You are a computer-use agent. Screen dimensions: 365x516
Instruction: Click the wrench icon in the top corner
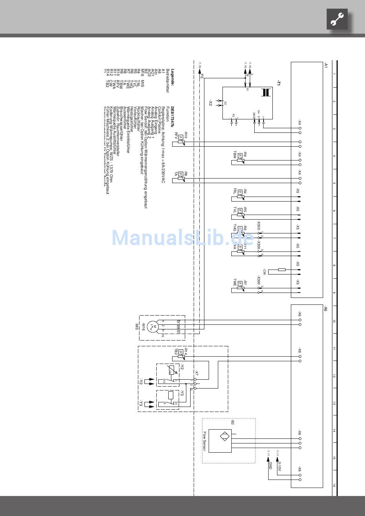337,19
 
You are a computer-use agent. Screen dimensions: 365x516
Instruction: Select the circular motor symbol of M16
153,327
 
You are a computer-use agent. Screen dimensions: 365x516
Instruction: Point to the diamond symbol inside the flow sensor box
224,437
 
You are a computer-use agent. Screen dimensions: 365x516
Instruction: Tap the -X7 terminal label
196,372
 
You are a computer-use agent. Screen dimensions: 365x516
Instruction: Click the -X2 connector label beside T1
211,103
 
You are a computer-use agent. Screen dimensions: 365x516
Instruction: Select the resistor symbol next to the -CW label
282,270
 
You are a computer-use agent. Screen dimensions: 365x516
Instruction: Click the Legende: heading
173,77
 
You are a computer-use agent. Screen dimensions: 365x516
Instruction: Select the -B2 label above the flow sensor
232,423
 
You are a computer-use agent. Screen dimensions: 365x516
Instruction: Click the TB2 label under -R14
176,352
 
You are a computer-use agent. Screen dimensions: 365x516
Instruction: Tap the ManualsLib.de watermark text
182,238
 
